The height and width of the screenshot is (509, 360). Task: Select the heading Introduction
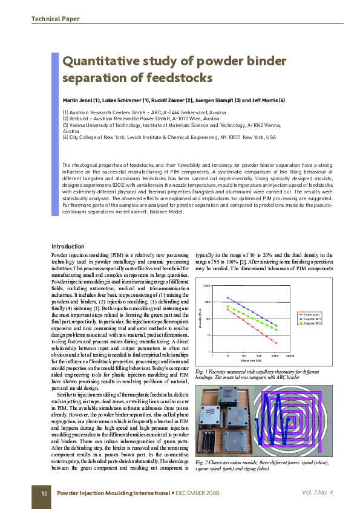(x=68, y=247)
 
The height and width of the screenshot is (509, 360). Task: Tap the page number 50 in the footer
(x=44, y=493)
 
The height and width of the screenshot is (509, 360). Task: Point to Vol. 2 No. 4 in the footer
(x=318, y=493)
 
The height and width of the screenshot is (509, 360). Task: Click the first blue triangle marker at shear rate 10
(x=227, y=297)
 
